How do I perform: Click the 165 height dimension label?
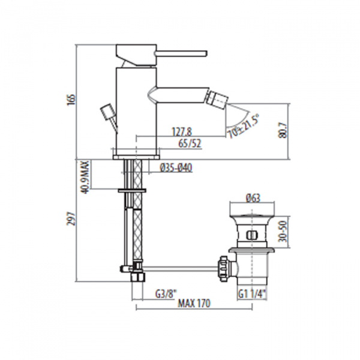pyautogui.click(x=71, y=100)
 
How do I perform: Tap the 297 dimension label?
pyautogui.click(x=71, y=219)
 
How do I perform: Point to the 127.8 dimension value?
pyautogui.click(x=182, y=132)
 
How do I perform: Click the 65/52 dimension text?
pyautogui.click(x=190, y=144)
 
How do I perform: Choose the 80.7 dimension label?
pyautogui.click(x=283, y=131)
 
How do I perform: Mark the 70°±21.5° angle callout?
pyautogui.click(x=244, y=127)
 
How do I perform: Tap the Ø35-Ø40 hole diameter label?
pyautogui.click(x=176, y=168)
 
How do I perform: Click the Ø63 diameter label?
pyautogui.click(x=253, y=197)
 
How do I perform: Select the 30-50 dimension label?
pyautogui.click(x=283, y=232)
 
